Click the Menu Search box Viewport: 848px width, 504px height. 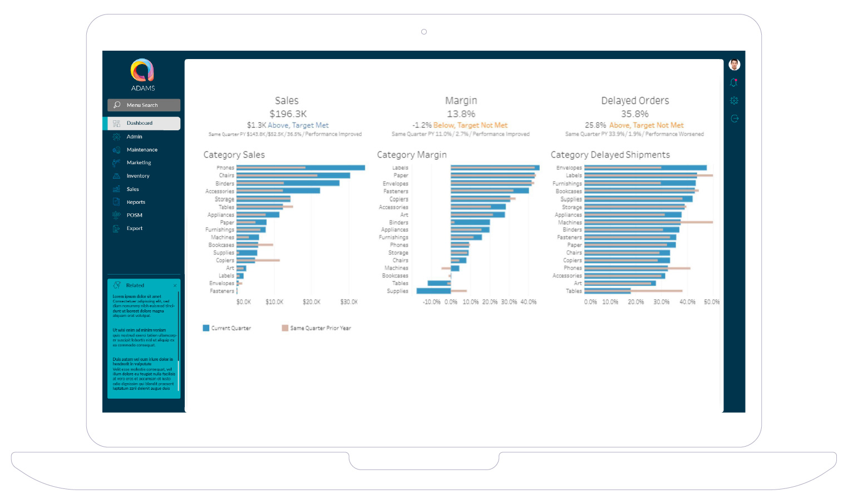(144, 105)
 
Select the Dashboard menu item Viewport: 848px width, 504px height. (144, 123)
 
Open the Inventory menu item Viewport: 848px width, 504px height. (137, 176)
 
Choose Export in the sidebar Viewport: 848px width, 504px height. (134, 228)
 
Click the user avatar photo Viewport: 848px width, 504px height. (734, 65)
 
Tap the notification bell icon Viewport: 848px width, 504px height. (734, 83)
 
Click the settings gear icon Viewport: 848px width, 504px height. (734, 101)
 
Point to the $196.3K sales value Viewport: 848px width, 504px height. (288, 114)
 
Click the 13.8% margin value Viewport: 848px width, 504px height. (461, 114)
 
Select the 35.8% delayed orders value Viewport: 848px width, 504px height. (634, 114)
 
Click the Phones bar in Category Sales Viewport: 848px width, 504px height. (300, 168)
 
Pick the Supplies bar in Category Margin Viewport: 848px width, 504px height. (433, 291)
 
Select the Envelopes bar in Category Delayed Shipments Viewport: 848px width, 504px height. (645, 168)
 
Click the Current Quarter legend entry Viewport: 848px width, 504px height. (227, 328)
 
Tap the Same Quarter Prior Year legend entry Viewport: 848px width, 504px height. (317, 328)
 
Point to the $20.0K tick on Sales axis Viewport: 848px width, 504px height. (312, 302)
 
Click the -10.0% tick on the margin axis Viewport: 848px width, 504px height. (431, 302)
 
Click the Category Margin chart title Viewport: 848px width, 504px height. (411, 155)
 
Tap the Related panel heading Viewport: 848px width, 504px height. (135, 285)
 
